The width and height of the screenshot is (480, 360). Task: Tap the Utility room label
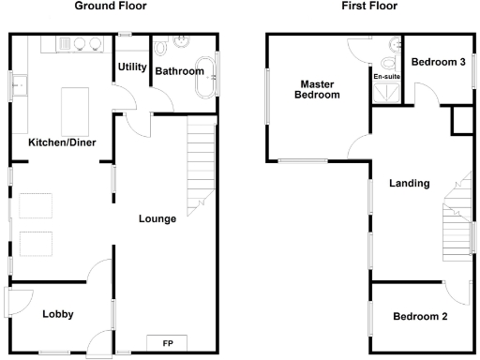click(132, 67)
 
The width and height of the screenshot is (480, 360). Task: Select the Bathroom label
click(179, 71)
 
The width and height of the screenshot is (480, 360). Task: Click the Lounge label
click(157, 219)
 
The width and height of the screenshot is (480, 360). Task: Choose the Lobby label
click(58, 314)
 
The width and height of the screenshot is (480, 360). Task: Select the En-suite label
click(386, 77)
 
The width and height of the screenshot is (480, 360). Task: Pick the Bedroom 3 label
click(438, 63)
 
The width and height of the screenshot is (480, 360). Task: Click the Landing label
click(410, 184)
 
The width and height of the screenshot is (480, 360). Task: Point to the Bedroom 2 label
click(420, 316)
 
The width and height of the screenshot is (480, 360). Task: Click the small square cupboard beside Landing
click(461, 120)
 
